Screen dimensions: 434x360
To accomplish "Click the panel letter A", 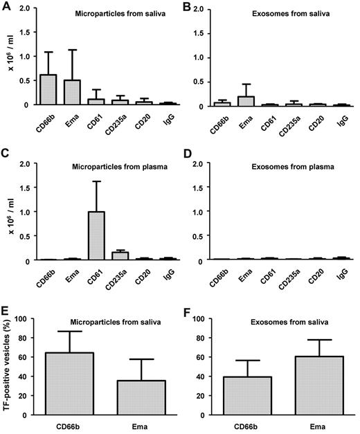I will click(6, 7).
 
